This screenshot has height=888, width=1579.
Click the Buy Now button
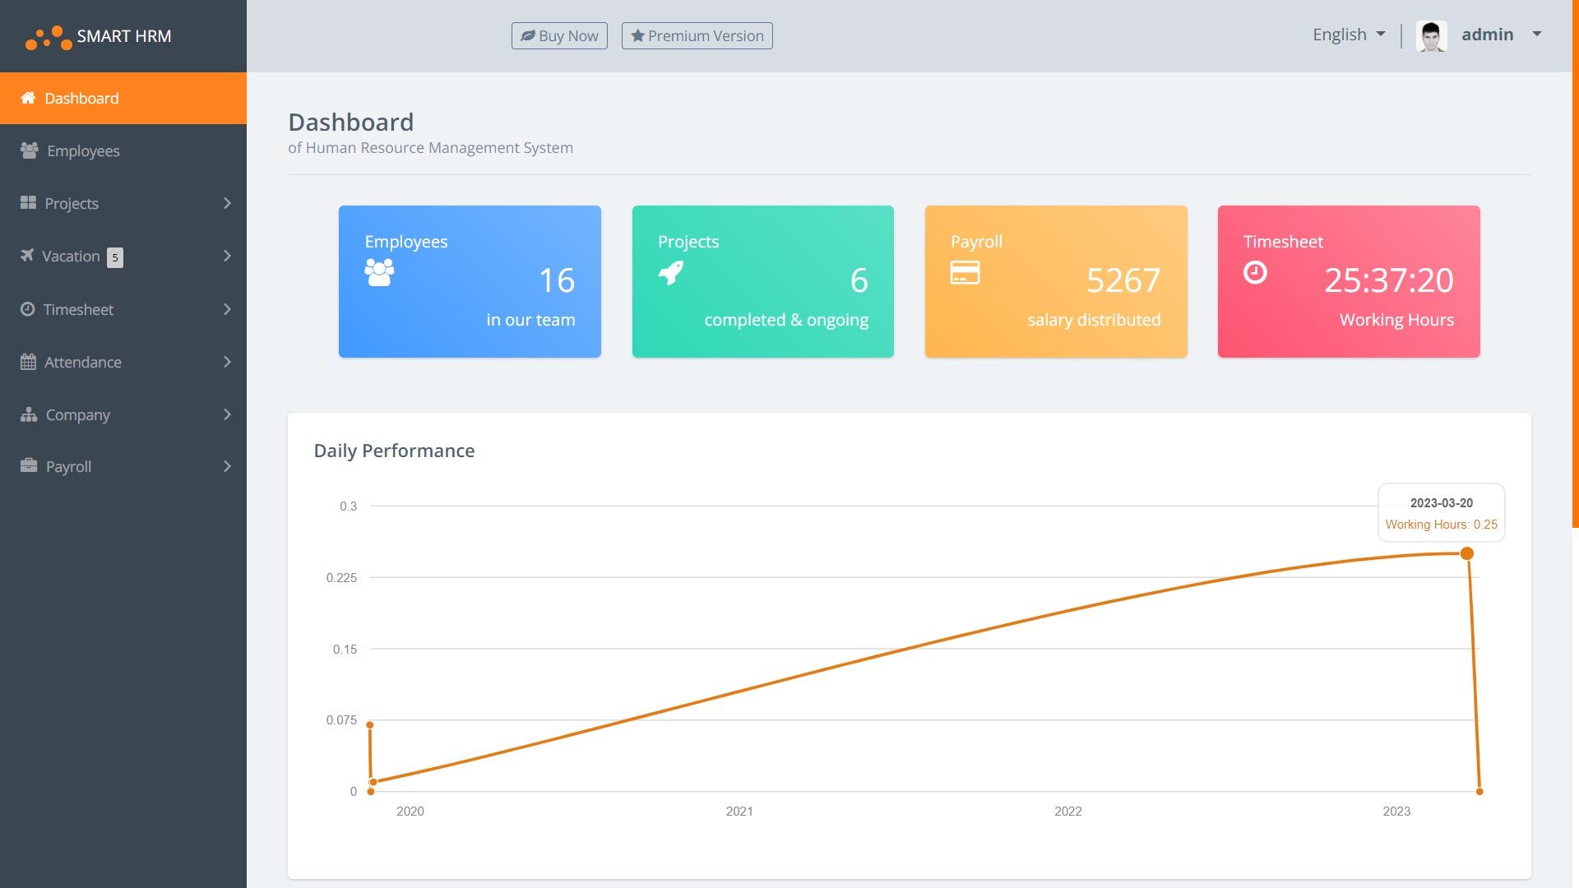(559, 35)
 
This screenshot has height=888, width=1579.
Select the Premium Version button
(697, 35)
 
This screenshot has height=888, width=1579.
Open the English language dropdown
(1349, 35)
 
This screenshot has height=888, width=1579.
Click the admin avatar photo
(1431, 36)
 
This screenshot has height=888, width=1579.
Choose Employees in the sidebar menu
(82, 150)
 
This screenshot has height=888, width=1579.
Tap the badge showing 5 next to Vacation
(115, 257)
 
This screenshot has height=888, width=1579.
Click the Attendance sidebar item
(82, 362)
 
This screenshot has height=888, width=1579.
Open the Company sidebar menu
(77, 414)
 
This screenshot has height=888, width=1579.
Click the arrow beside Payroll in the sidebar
(227, 466)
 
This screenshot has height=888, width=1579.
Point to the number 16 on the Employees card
(557, 280)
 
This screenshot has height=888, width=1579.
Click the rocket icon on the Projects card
(671, 272)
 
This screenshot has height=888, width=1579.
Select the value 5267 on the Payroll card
(1123, 280)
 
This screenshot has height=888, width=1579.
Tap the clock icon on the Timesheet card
(1255, 272)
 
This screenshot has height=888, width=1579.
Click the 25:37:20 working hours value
(1388, 280)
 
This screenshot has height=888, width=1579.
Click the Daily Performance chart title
(394, 451)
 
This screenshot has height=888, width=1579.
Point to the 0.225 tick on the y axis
(341, 578)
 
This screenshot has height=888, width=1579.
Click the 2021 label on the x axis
(739, 812)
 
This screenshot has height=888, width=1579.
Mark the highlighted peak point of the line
(1466, 553)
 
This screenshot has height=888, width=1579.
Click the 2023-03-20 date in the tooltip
(1441, 503)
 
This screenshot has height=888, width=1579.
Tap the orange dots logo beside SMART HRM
(49, 37)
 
